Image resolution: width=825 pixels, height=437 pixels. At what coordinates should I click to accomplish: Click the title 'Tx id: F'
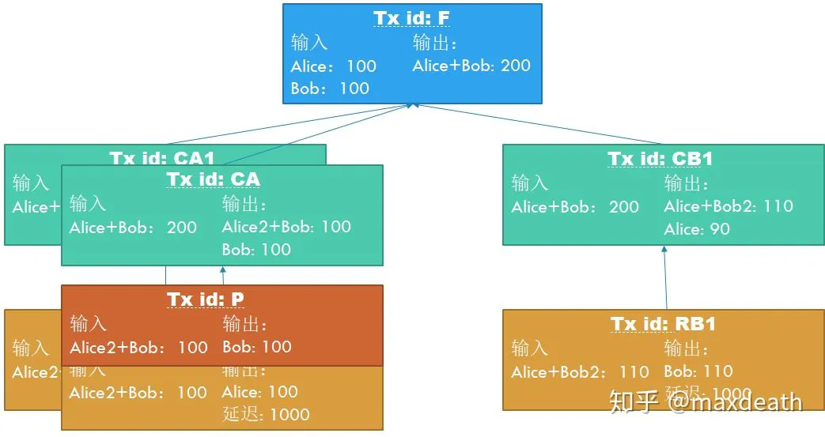(412, 18)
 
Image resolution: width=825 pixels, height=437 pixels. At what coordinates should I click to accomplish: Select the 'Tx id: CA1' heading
(162, 157)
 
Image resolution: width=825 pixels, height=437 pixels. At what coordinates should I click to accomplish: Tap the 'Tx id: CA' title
(213, 179)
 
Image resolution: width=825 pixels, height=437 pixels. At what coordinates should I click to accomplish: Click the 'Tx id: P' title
(206, 299)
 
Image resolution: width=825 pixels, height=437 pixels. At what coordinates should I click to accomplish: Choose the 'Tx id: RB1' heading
(663, 324)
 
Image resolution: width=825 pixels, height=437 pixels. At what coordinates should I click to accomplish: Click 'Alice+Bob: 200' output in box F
(471, 66)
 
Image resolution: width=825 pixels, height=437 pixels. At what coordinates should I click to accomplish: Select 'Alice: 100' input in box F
(333, 66)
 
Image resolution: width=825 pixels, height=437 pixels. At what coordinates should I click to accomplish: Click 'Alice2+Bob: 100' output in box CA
(286, 227)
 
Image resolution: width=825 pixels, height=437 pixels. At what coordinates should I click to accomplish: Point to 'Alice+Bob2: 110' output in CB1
(728, 206)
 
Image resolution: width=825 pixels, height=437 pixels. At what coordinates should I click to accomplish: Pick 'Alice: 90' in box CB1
(697, 229)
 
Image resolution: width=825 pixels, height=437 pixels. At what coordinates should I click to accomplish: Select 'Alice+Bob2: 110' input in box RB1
(580, 372)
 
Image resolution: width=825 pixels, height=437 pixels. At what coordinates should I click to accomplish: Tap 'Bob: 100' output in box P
(257, 347)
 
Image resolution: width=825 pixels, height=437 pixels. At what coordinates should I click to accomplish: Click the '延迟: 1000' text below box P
(266, 414)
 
